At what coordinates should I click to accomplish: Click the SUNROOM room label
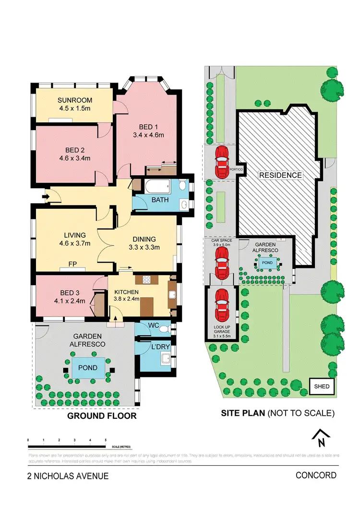click(74, 100)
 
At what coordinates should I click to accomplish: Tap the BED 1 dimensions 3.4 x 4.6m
click(148, 135)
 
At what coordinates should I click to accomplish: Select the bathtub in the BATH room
click(153, 185)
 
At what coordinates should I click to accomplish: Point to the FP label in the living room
click(72, 264)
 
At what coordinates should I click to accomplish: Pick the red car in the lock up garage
click(222, 305)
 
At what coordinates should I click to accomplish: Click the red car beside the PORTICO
click(222, 162)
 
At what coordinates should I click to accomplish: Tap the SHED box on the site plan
click(322, 386)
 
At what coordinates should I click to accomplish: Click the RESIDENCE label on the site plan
click(281, 175)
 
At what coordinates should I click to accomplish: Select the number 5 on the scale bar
click(106, 440)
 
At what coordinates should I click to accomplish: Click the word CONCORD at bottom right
click(316, 475)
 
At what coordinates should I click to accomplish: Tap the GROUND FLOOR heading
click(101, 416)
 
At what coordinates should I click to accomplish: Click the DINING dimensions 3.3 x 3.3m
click(144, 247)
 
